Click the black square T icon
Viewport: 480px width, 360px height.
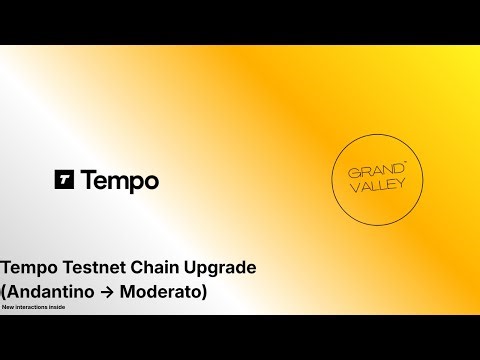(x=65, y=181)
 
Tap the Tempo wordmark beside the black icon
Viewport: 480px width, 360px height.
(x=119, y=181)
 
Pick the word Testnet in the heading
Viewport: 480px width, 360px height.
(x=102, y=268)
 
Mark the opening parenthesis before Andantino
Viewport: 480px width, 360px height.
(x=5, y=293)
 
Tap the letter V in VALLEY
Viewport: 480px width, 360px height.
(x=353, y=190)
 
